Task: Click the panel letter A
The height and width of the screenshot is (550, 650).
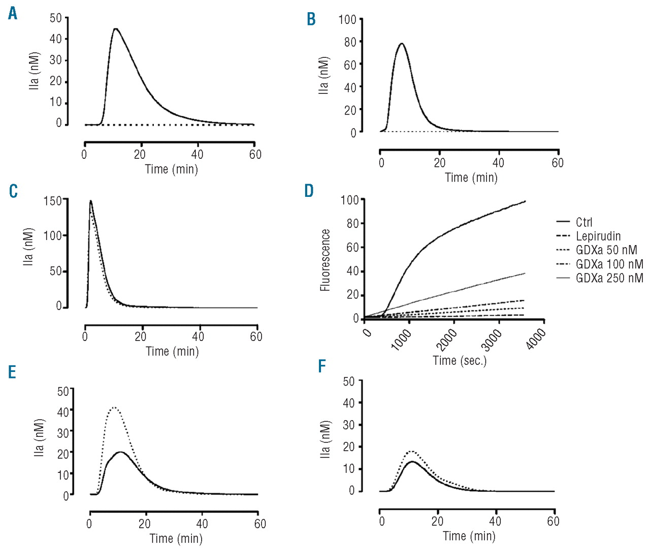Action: [13, 14]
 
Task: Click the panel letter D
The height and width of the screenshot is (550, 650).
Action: [309, 191]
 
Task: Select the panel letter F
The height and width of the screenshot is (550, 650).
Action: [321, 366]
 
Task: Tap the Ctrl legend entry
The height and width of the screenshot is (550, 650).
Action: [584, 222]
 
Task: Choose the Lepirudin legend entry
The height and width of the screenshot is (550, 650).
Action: [598, 236]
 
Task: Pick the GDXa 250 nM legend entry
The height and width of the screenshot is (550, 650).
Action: [609, 278]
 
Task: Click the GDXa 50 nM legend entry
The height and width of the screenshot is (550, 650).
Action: [606, 250]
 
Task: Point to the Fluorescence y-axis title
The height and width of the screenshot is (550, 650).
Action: [325, 260]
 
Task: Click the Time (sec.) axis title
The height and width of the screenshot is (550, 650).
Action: [460, 361]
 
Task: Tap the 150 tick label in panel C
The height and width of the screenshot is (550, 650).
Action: [52, 201]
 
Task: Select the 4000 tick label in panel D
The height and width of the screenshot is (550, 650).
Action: [536, 339]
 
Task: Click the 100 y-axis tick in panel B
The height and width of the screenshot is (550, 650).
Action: [347, 20]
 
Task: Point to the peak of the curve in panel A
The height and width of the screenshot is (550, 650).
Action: [116, 28]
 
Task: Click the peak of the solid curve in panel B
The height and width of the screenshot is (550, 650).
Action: [402, 43]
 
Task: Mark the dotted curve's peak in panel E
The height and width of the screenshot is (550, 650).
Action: [114, 407]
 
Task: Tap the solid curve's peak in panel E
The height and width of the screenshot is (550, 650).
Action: [121, 452]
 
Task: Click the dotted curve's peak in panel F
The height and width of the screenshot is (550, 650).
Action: [412, 451]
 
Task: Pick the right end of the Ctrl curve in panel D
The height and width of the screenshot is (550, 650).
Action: [525, 201]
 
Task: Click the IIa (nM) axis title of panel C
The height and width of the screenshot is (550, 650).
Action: [28, 247]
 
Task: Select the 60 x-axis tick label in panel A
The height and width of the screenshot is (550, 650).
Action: [255, 155]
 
